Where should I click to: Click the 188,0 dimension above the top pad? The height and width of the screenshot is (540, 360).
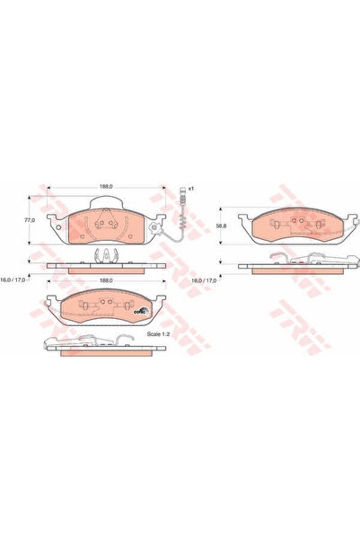(105, 187)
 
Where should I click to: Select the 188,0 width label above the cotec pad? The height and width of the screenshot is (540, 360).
(105, 280)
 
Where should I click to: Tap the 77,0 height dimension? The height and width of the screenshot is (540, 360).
(29, 219)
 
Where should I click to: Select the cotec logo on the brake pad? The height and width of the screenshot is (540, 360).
(139, 312)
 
